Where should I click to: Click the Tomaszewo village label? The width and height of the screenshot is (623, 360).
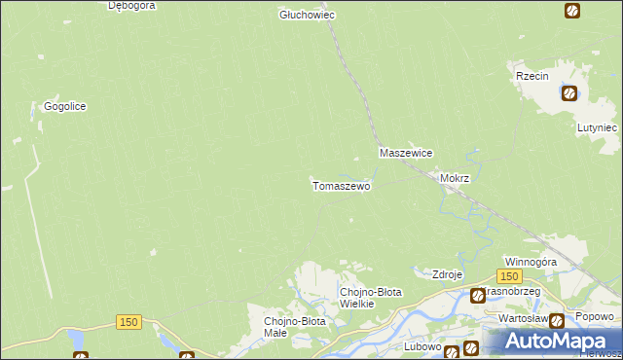(x=341, y=186)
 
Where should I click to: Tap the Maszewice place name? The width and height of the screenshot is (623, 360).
(x=405, y=154)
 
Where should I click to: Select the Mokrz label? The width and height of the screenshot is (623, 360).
(x=455, y=179)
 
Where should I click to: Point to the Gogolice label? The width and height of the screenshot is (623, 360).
(x=65, y=107)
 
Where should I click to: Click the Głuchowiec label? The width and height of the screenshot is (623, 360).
(x=307, y=16)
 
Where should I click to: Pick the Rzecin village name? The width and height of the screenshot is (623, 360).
(x=535, y=76)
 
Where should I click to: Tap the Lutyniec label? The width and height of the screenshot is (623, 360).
(x=596, y=127)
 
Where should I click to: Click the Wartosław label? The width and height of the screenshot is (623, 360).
(x=522, y=319)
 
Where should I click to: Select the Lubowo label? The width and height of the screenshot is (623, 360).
(x=423, y=346)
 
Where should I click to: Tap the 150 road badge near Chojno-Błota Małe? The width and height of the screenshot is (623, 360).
(x=128, y=322)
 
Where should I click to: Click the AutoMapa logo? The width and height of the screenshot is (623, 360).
(x=552, y=342)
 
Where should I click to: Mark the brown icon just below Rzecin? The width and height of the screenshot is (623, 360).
(x=569, y=93)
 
